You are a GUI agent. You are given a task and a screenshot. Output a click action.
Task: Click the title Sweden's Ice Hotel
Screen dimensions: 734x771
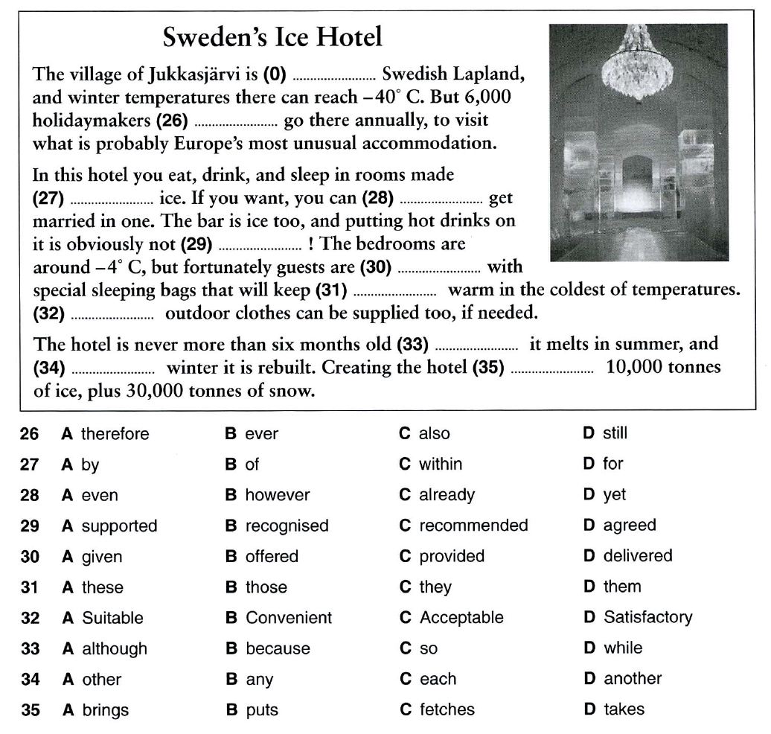(x=272, y=36)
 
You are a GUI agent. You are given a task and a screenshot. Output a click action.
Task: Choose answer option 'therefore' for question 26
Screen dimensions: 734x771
(x=115, y=434)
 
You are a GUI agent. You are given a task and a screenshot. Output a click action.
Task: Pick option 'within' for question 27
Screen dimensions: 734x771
(x=441, y=465)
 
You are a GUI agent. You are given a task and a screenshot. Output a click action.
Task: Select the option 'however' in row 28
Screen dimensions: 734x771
(x=277, y=495)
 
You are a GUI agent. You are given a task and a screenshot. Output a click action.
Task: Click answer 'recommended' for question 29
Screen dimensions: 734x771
(x=473, y=526)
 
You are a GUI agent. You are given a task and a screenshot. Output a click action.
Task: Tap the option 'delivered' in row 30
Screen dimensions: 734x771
(x=637, y=556)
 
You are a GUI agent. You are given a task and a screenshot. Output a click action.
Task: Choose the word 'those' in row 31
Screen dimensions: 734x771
(x=266, y=587)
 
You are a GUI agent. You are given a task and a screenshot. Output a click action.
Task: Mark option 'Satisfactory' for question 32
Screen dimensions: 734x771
(x=647, y=618)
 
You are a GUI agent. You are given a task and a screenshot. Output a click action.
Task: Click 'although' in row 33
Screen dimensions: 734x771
(x=114, y=649)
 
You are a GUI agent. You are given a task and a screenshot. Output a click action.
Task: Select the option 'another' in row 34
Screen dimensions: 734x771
(x=633, y=679)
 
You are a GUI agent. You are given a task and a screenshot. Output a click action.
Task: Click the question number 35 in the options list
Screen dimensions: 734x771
(x=31, y=710)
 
